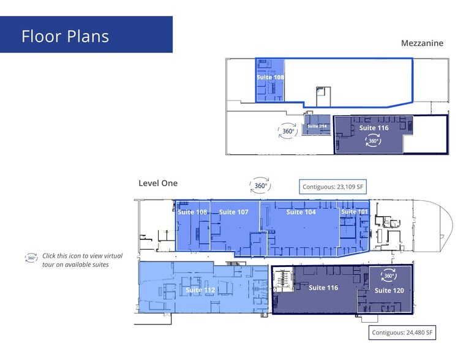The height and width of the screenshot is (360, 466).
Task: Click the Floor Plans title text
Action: (x=65, y=36)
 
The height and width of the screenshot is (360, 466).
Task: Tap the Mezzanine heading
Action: (x=421, y=43)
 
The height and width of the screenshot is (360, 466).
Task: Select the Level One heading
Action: (x=158, y=182)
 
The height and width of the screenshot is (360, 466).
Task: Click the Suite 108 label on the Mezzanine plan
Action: (x=269, y=78)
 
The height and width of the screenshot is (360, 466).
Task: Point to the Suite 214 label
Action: (x=317, y=126)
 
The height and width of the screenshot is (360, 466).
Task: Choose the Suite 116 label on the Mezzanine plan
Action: (x=374, y=128)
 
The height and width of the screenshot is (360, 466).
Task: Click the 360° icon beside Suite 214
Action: (x=288, y=130)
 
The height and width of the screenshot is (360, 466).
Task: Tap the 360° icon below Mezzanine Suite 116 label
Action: (x=373, y=141)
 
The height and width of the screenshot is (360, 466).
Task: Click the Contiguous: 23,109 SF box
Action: (x=334, y=187)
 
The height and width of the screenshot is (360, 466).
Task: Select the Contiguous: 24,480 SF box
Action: (x=402, y=333)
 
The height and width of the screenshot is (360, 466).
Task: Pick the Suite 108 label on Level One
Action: (x=192, y=212)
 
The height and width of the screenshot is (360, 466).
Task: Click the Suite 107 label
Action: (x=233, y=212)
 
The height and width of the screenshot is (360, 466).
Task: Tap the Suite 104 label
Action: (x=301, y=212)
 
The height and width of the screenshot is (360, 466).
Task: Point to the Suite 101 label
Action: (x=355, y=212)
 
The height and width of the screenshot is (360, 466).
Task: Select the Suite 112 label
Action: (x=200, y=290)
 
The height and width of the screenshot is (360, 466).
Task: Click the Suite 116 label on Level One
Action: (x=323, y=287)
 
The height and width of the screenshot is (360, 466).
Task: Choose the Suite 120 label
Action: (x=389, y=291)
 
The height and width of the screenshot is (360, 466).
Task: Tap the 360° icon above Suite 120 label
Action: (x=388, y=276)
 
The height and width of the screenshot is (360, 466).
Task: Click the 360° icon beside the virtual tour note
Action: (x=31, y=258)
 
